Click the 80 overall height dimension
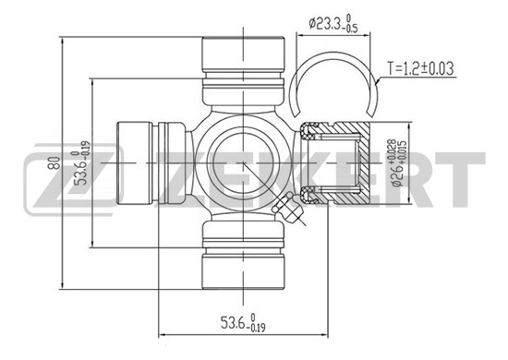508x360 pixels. [x=54, y=162]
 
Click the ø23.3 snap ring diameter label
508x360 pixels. [x=333, y=23]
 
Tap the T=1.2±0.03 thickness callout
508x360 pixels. [x=421, y=68]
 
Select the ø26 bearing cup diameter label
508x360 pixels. [x=397, y=162]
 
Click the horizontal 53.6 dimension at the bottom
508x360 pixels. [x=243, y=322]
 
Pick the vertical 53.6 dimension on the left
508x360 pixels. [x=81, y=162]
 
